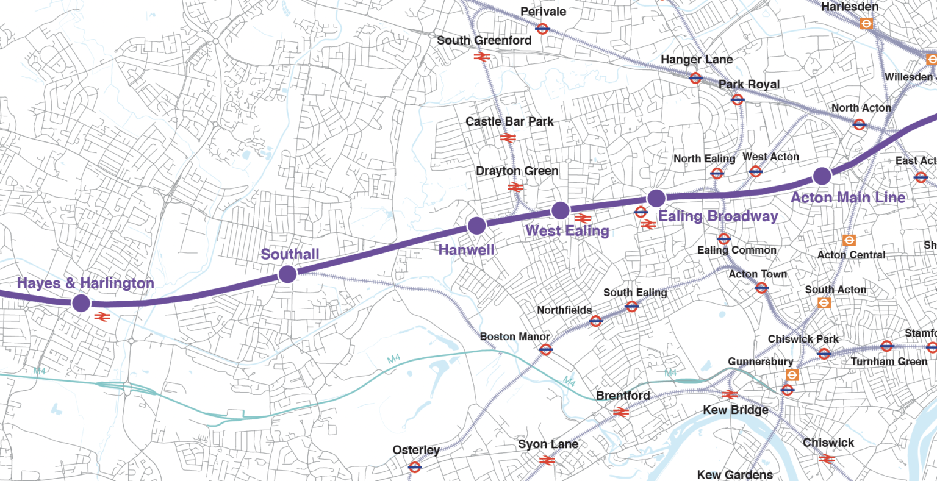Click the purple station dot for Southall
[x=287, y=274]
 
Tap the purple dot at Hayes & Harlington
[x=81, y=303]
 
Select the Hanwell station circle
[x=476, y=226]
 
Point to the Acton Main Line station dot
[x=822, y=176]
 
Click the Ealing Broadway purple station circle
[x=656, y=198]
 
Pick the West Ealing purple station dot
[x=560, y=211]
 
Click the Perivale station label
[x=543, y=12]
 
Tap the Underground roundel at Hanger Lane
[x=695, y=77]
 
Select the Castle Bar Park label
[x=509, y=121]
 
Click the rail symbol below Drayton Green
[x=515, y=187]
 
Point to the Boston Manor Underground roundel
[x=546, y=349]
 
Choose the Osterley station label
[x=416, y=450]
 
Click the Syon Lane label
[x=548, y=444]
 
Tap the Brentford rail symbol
[x=621, y=412]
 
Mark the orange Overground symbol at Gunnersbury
[x=792, y=375]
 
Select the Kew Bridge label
[x=735, y=410]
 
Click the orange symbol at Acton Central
[x=849, y=240]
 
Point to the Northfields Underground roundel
[x=596, y=321]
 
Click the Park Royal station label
[x=749, y=84]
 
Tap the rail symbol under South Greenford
[x=482, y=57]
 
